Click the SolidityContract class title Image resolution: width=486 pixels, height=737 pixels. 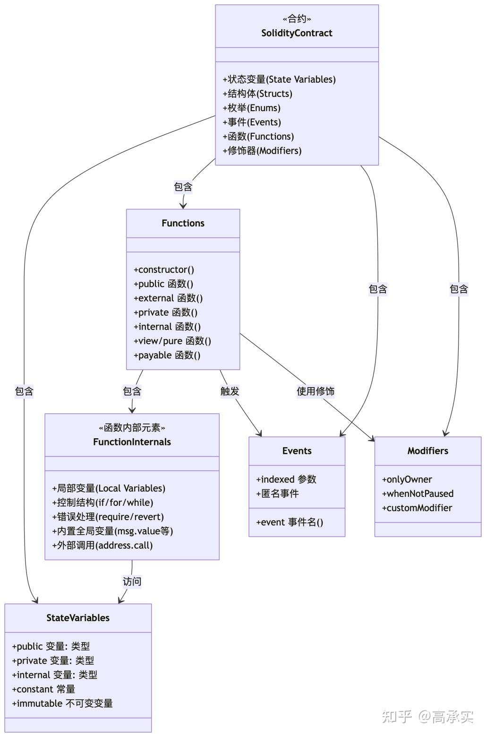pyautogui.click(x=297, y=33)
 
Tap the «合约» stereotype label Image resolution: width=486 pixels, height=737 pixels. pyautogui.click(x=297, y=19)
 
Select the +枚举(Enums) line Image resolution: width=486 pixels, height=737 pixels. pyautogui.click(x=251, y=108)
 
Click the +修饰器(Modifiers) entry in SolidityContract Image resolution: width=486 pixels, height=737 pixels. pyautogui.click(x=262, y=151)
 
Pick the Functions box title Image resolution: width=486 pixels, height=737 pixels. pyautogui.click(x=183, y=223)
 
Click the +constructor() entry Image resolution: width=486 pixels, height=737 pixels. pyautogui.click(x=164, y=270)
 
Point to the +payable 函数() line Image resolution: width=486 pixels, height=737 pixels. pyautogui.click(x=167, y=355)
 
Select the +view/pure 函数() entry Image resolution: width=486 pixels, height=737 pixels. pyautogui.click(x=172, y=341)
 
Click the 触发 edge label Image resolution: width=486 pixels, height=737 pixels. pyautogui.click(x=230, y=391)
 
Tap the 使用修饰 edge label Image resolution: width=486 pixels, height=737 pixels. pyautogui.click(x=315, y=391)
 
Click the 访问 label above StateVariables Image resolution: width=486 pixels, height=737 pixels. pyautogui.click(x=132, y=581)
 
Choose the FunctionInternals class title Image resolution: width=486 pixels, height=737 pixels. pyautogui.click(x=132, y=442)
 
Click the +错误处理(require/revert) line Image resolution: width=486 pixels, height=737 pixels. pyautogui.click(x=108, y=517)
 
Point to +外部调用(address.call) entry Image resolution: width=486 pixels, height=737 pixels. pyautogui.click(x=102, y=546)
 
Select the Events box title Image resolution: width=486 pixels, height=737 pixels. pyautogui.click(x=297, y=451)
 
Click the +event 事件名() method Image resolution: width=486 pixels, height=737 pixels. pyautogui.click(x=290, y=522)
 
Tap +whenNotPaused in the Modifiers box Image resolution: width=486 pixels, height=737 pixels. pyautogui.click(x=418, y=494)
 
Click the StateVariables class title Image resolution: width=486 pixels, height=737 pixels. pyautogui.click(x=78, y=618)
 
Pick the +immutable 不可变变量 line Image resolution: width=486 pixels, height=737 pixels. pyautogui.click(x=62, y=703)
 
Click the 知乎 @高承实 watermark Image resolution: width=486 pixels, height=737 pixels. pyautogui.click(x=427, y=717)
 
